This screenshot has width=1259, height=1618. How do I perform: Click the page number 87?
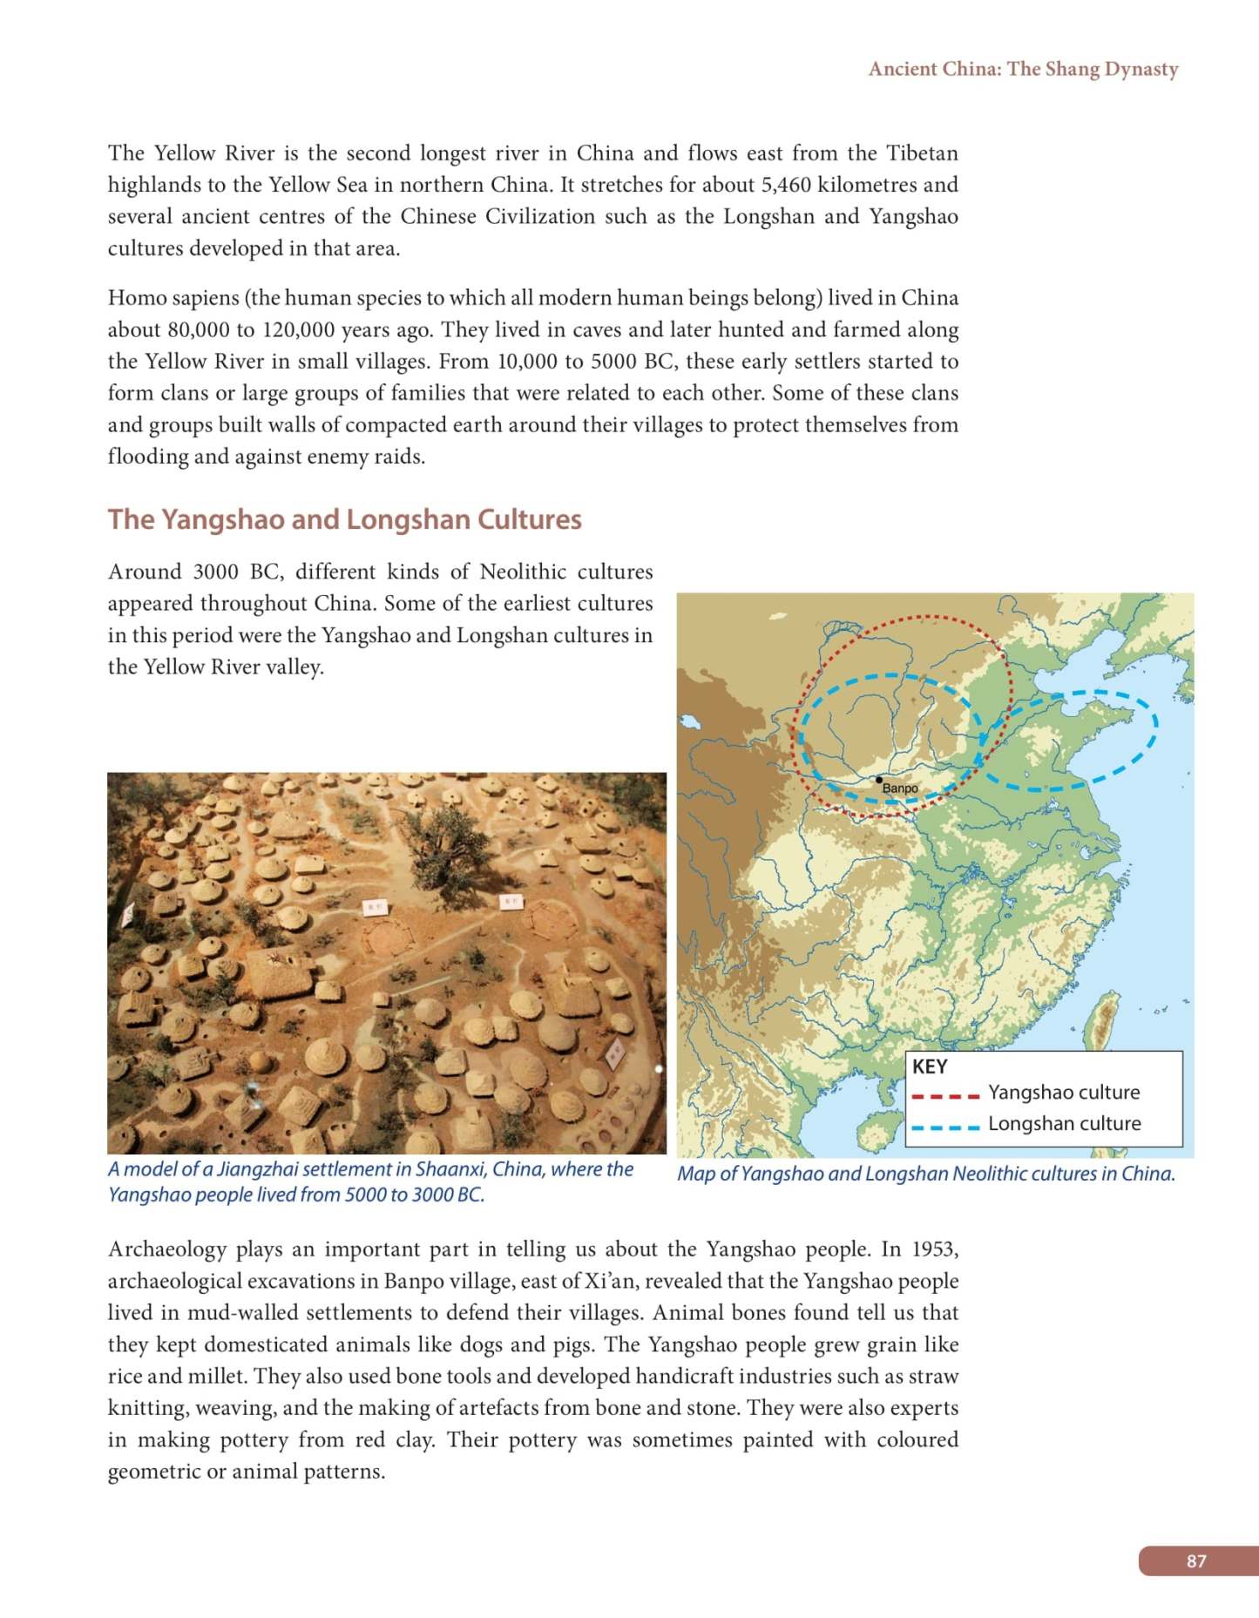pos(1196,1560)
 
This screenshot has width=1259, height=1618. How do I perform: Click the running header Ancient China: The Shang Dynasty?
pos(1023,69)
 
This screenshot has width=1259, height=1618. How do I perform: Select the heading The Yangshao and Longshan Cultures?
pos(344,519)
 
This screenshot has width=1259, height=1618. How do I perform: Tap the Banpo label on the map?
pos(900,789)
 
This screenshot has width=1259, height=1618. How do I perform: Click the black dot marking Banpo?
pos(879,780)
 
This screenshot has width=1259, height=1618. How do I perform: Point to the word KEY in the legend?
pos(929,1066)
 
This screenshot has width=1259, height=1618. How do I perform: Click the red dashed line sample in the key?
pos(945,1095)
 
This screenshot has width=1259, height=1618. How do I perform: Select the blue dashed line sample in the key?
pos(945,1127)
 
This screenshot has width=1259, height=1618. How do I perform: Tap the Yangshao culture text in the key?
pos(1063,1092)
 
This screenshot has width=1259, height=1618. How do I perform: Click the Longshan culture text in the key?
pos(1064,1123)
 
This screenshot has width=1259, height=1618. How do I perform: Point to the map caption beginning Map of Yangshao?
pos(925,1174)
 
